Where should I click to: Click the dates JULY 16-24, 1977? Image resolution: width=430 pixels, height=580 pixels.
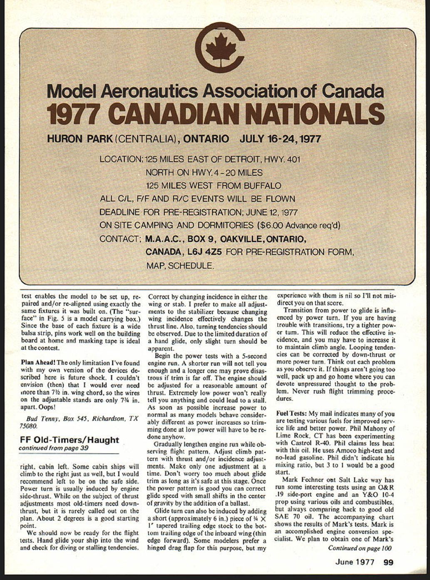(x=280, y=139)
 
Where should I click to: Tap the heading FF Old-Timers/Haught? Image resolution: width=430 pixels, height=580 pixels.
(x=69, y=440)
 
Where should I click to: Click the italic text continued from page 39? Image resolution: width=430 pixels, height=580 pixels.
(x=53, y=448)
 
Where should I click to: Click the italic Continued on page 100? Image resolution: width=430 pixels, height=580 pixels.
(x=360, y=548)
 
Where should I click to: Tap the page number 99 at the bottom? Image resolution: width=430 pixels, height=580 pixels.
(x=388, y=562)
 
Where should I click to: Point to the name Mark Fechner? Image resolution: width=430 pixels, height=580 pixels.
(x=303, y=480)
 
